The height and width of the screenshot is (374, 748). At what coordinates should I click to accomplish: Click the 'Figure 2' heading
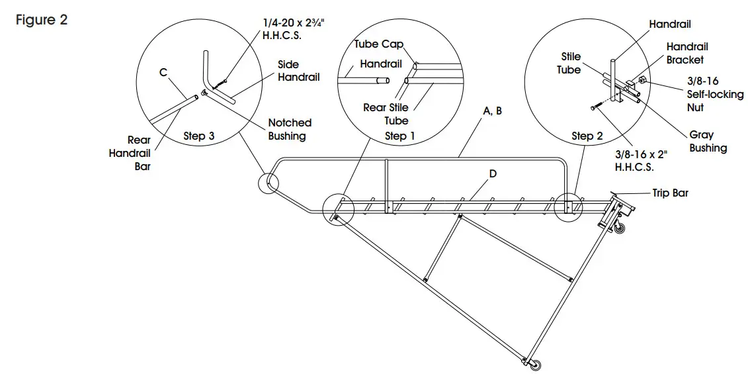tap(41, 20)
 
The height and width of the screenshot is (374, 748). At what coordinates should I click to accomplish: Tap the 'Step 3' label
tap(198, 136)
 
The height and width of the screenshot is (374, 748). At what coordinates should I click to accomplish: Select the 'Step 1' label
tap(395, 136)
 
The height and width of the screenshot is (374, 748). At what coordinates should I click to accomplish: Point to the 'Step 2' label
tap(587, 136)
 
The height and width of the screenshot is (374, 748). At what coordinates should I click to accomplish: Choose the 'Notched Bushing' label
tap(290, 129)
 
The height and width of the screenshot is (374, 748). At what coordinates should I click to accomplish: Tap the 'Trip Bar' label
tap(671, 193)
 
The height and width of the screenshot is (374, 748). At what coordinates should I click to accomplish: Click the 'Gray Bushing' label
tap(708, 141)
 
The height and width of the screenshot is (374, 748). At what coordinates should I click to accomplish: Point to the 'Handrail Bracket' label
tap(686, 53)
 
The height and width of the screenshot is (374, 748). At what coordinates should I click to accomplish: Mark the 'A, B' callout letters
tap(492, 111)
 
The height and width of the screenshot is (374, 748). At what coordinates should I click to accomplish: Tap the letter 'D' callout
tap(493, 174)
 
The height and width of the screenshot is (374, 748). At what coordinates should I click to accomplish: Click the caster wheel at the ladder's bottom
tap(535, 365)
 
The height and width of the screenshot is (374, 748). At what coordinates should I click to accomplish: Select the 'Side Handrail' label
tap(298, 71)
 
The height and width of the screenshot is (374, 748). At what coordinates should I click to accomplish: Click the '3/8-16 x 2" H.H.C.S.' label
tap(641, 161)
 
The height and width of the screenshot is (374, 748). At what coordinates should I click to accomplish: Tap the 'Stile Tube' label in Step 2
tap(569, 63)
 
